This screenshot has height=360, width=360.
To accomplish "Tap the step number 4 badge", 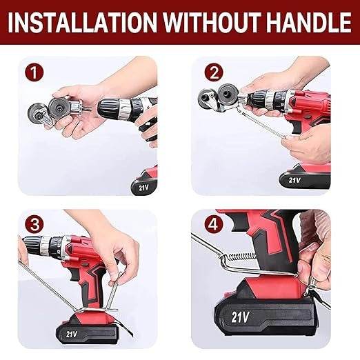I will click(x=214, y=224).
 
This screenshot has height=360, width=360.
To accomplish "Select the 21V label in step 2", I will click(x=295, y=181).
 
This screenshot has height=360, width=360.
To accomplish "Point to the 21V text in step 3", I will click(x=71, y=333).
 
